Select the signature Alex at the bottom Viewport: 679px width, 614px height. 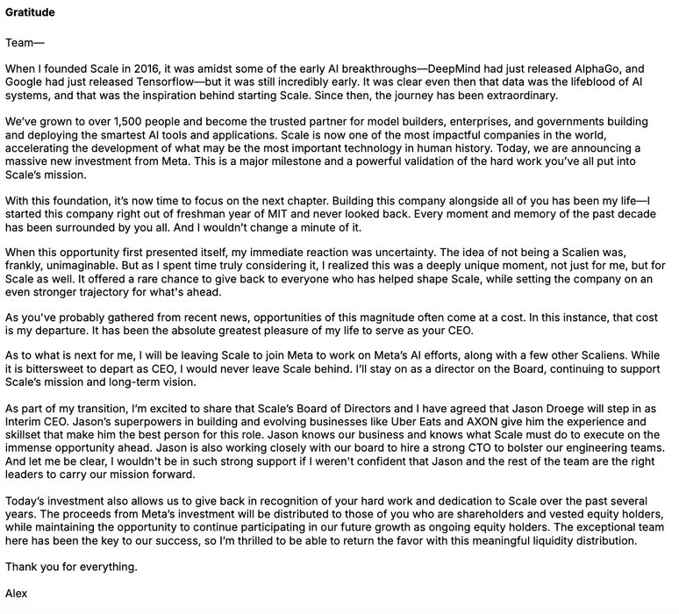[16, 594]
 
